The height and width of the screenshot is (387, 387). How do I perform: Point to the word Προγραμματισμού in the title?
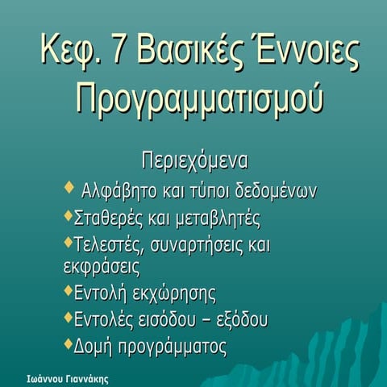click(193, 99)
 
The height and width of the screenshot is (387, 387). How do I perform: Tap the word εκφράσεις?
click(102, 265)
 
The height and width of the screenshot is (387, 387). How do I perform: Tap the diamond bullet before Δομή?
click(68, 344)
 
